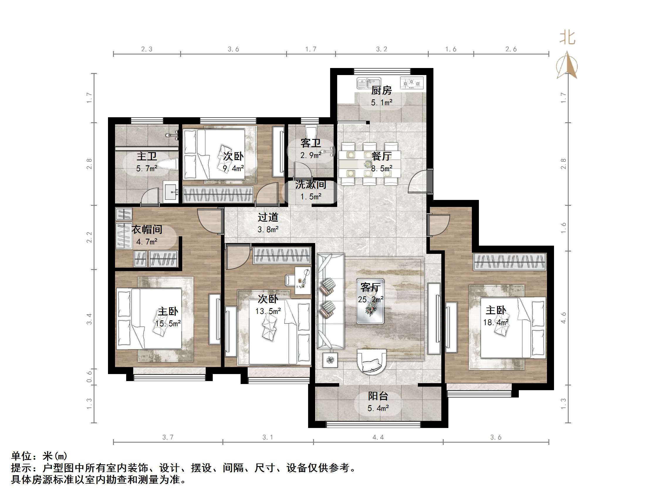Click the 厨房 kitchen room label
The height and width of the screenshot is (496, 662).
[381, 90]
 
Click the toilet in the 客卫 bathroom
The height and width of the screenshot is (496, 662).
[311, 132]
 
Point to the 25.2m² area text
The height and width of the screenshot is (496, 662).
[371, 299]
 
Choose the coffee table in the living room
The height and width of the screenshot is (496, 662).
[370, 301]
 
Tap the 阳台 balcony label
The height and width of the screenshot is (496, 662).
[378, 396]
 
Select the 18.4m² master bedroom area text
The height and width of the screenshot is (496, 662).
[496, 322]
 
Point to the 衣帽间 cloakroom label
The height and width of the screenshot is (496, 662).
[147, 229]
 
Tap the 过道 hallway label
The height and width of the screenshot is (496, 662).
[268, 217]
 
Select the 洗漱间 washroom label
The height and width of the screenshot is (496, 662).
[311, 184]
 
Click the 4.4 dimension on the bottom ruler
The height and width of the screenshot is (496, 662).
[378, 437]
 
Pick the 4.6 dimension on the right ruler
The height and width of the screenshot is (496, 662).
[563, 317]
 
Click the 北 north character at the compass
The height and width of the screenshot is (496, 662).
[568, 38]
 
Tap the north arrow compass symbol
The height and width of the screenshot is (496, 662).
[567, 66]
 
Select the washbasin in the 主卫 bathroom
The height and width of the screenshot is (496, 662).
[170, 190]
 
